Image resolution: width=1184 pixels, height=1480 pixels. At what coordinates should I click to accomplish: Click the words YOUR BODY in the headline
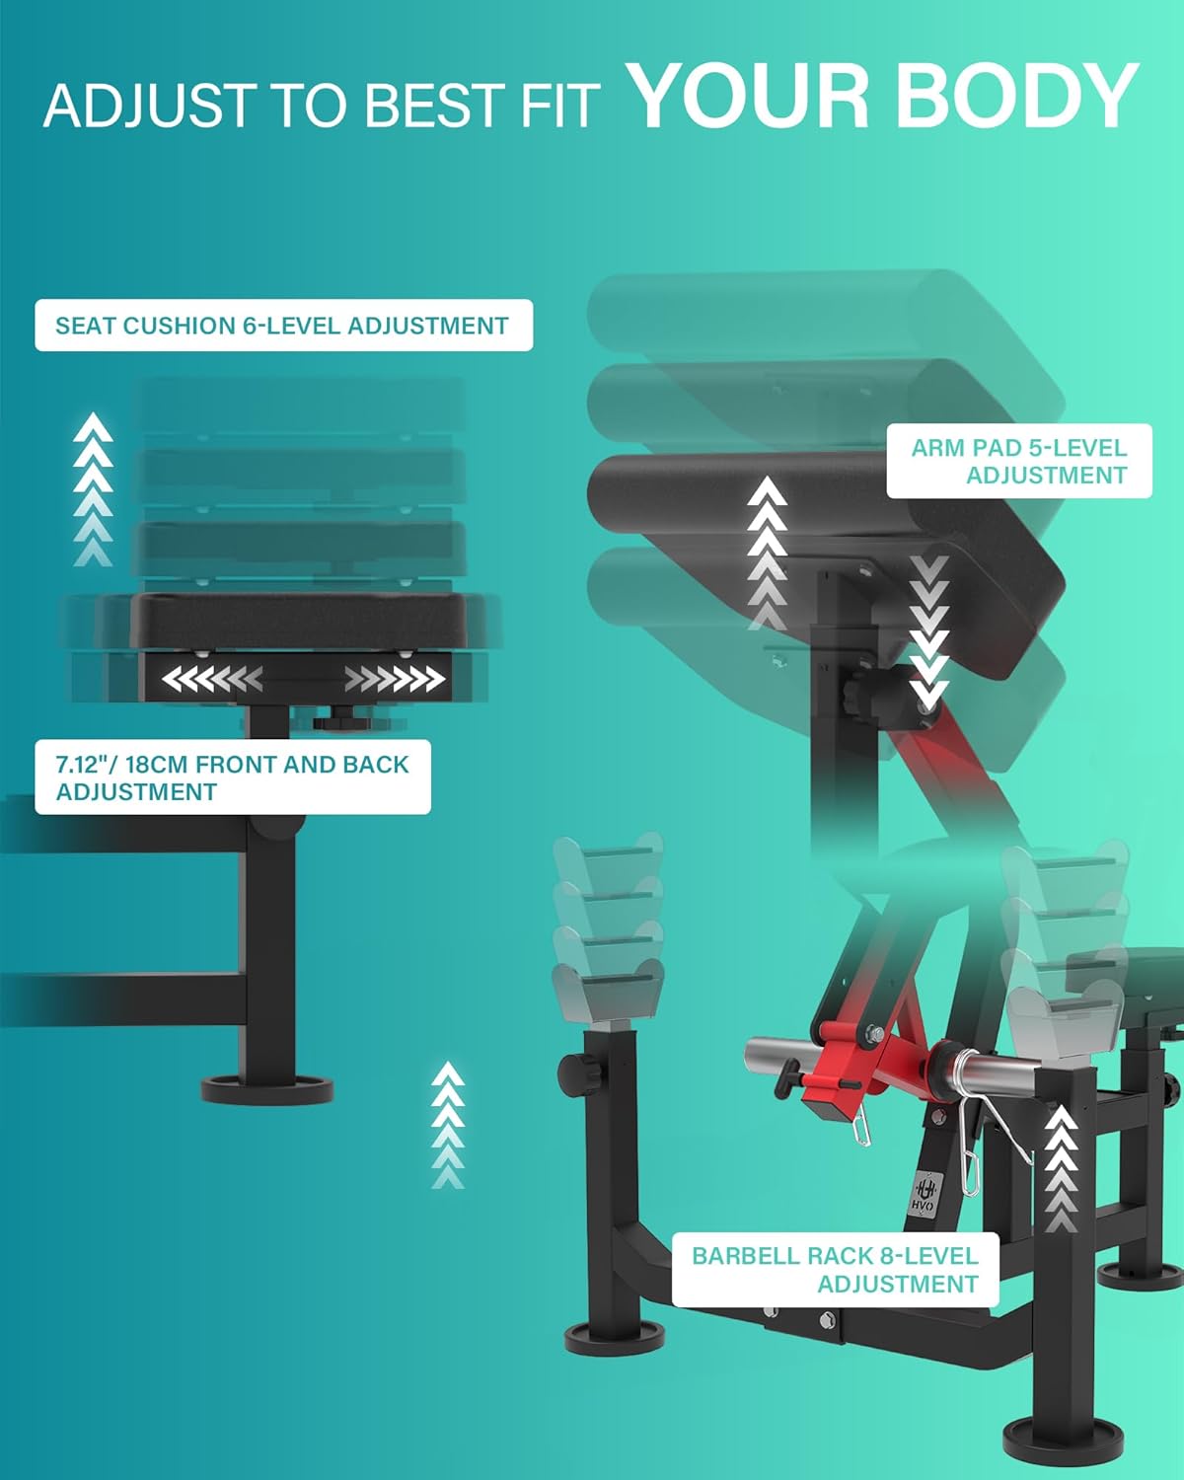883,96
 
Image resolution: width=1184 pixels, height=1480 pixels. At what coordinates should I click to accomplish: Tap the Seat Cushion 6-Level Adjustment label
283,326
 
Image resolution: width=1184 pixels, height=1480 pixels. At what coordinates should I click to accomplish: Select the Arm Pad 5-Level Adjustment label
1019,461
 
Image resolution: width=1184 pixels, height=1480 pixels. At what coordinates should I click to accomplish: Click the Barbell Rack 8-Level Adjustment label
835,1270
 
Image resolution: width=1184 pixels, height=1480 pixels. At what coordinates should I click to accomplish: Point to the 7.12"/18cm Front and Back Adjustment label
233,777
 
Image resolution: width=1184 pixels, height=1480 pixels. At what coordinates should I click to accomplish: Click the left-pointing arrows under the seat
212,680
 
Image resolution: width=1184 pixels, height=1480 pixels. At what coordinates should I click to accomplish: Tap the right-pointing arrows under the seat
395,680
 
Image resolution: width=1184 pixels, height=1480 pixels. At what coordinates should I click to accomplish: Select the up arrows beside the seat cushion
94,490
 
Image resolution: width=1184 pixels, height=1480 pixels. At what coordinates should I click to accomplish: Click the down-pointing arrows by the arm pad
928,631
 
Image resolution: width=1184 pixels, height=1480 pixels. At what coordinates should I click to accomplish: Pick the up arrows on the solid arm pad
767,553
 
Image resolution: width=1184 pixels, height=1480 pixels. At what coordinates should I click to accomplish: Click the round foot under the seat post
267,1089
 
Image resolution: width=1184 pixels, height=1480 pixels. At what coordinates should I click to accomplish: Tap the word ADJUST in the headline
148,105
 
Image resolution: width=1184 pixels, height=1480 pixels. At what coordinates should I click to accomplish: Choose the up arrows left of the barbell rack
448,1125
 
